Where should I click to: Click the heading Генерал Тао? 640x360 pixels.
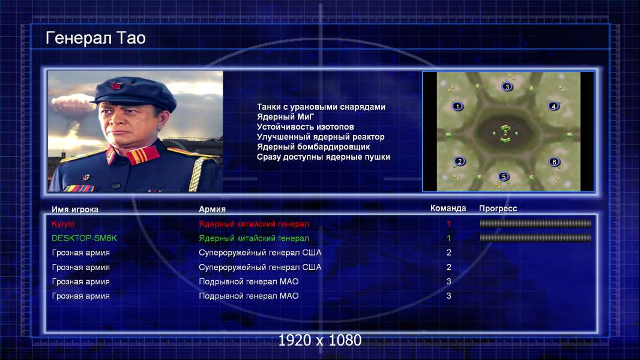pyautogui.click(x=95, y=38)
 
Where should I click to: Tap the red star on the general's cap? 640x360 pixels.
pyautogui.click(x=116, y=86)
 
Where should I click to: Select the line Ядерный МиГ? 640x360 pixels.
pyautogui.click(x=285, y=117)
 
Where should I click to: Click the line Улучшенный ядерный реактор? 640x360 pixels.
pyautogui.click(x=321, y=137)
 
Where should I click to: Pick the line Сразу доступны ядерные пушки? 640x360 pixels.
pyautogui.click(x=323, y=157)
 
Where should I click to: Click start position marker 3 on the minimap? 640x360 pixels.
pyautogui.click(x=507, y=86)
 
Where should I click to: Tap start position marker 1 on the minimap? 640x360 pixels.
pyautogui.click(x=457, y=106)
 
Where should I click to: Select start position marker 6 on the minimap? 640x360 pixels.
pyautogui.click(x=554, y=162)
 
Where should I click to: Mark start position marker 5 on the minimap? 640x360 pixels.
pyautogui.click(x=503, y=176)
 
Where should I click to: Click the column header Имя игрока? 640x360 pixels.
pyautogui.click(x=74, y=209)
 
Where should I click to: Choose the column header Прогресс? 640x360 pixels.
pyautogui.click(x=498, y=208)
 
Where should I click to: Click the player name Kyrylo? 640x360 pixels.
pyautogui.click(x=63, y=224)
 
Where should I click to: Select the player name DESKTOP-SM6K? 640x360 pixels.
pyautogui.click(x=84, y=238)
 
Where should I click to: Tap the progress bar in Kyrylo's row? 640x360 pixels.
pyautogui.click(x=536, y=223)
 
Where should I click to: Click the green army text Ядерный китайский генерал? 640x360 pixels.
pyautogui.click(x=254, y=238)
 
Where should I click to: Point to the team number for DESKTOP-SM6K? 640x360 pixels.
pyautogui.click(x=448, y=238)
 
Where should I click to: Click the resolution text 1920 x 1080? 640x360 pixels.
pyautogui.click(x=319, y=340)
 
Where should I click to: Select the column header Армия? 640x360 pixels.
pyautogui.click(x=212, y=209)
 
